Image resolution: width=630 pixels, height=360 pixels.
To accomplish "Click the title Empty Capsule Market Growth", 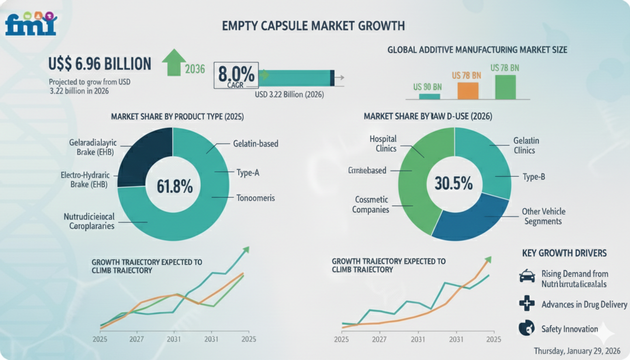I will (x=314, y=26).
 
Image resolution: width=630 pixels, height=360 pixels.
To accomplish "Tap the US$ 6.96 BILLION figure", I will (x=100, y=64).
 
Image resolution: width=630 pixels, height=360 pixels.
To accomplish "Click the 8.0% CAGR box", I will (x=236, y=75).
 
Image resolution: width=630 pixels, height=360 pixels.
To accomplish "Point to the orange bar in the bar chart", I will (x=468, y=90).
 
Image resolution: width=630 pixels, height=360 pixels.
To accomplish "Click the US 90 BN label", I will (x=427, y=87).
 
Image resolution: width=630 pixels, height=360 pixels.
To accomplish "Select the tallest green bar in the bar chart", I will (x=505, y=87).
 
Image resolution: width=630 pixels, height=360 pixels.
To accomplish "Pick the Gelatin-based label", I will (x=255, y=143).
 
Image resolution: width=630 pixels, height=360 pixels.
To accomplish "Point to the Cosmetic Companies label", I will (x=371, y=204).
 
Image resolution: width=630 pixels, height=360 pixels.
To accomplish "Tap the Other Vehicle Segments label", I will (x=543, y=216).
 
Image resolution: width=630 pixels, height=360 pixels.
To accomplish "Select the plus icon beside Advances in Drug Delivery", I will (x=527, y=304).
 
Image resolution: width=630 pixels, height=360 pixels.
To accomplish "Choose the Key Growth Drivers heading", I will (x=564, y=253).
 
